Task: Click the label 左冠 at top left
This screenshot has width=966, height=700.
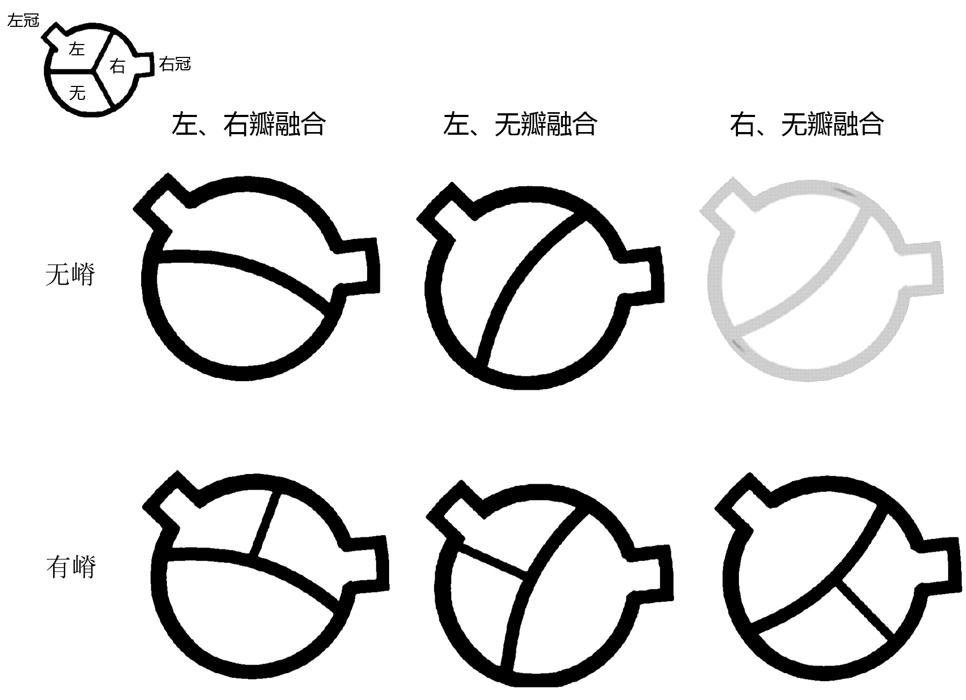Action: [23, 21]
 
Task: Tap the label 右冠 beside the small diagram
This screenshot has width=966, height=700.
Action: [175, 64]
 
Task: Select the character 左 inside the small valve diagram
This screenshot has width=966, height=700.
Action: [77, 49]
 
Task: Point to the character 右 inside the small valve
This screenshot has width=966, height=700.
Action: [117, 66]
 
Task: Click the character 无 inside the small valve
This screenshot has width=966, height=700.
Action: [77, 93]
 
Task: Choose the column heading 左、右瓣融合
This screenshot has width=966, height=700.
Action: [248, 124]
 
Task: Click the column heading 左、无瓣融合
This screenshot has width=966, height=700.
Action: [520, 124]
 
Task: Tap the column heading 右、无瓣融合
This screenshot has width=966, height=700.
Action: [807, 124]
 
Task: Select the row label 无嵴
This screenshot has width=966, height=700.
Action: [70, 275]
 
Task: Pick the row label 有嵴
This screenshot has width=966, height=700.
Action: [71, 567]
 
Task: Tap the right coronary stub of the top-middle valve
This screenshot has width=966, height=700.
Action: [643, 275]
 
